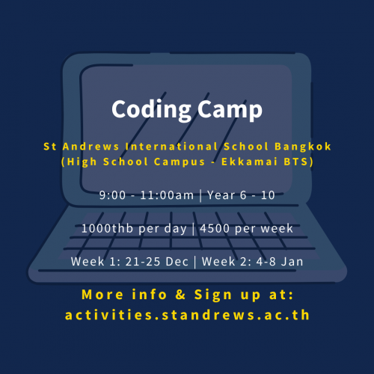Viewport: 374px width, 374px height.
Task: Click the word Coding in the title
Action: click(x=151, y=110)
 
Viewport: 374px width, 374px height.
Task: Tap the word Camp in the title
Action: click(x=230, y=110)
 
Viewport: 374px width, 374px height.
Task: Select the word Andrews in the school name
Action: click(x=91, y=147)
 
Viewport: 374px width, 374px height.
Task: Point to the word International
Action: click(x=171, y=147)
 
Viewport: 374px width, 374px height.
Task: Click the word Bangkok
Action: click(x=303, y=147)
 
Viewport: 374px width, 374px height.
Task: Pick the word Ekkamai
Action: click(x=249, y=162)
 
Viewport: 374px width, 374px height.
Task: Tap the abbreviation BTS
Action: click(x=296, y=162)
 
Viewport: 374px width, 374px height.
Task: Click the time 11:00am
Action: click(x=167, y=195)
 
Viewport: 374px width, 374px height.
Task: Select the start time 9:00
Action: click(x=112, y=195)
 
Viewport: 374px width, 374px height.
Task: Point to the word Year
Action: click(x=221, y=195)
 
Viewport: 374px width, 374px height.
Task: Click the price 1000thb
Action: click(x=107, y=228)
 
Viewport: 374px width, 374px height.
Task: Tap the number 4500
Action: click(x=215, y=229)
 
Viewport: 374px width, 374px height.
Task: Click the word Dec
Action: click(x=177, y=262)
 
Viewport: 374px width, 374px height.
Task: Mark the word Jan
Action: click(x=292, y=262)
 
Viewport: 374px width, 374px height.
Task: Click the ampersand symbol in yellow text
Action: click(x=180, y=295)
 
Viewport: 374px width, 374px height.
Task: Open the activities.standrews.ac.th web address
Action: click(x=187, y=315)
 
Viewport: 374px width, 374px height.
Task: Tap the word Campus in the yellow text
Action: click(x=180, y=162)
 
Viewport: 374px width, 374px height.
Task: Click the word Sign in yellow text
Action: click(x=213, y=295)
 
